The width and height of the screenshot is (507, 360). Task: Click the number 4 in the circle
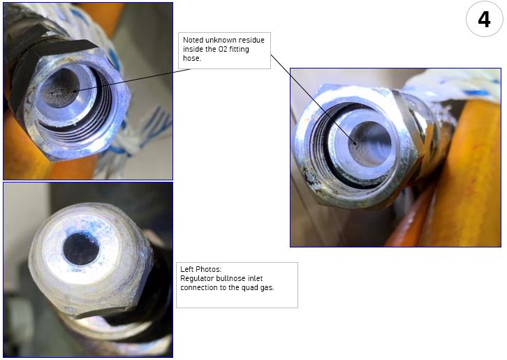coord(484,20)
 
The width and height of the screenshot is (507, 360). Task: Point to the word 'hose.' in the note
coord(192,58)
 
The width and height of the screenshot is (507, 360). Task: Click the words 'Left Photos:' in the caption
coord(201,269)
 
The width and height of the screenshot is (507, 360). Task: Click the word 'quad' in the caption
coord(249,288)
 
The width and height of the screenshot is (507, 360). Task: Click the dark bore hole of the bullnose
coord(81,249)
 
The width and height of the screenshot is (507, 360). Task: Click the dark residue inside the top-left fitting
coord(61,88)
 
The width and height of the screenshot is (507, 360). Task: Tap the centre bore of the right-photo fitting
coord(370,144)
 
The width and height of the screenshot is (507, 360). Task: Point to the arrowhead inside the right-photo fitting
coord(355,143)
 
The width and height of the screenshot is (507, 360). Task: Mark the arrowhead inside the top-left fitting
coord(75,91)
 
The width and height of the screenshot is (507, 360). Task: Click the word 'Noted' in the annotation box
coord(193,40)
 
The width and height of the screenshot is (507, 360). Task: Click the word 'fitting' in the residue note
coord(240,49)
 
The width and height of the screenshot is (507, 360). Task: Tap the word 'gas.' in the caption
coord(267,288)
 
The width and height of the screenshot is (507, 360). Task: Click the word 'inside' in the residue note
coord(193,49)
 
